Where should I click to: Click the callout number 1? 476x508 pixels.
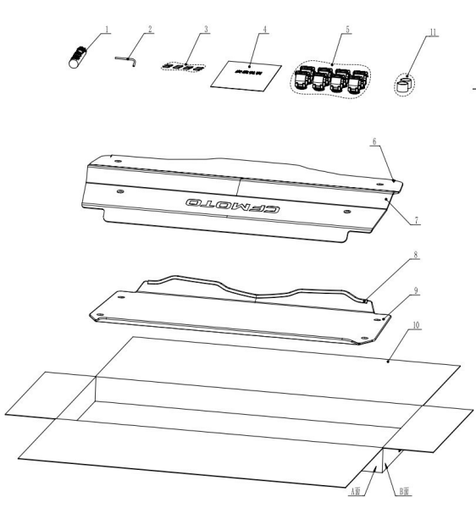tap(108, 28)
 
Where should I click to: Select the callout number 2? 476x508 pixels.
tap(150, 28)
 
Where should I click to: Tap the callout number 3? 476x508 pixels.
tap(206, 28)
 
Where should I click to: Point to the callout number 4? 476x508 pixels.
tap(264, 28)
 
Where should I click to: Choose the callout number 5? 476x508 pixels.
tap(347, 28)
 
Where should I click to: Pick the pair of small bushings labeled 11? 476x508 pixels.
tap(405, 84)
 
